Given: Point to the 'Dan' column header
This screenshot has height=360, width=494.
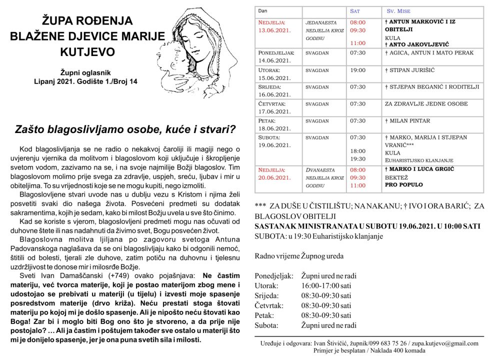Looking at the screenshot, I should point(263,10).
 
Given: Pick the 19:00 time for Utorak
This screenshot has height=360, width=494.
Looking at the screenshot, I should point(357,70).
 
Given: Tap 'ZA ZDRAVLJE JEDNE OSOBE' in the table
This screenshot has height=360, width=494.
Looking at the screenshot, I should point(426,104).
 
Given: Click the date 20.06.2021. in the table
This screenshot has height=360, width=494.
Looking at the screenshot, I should point(274,177).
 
